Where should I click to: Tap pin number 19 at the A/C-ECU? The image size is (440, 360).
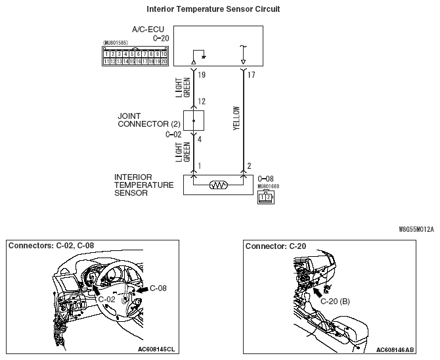tap(202, 76)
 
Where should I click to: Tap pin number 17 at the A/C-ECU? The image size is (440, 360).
tap(252, 76)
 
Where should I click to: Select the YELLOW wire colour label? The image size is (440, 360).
tap(237, 119)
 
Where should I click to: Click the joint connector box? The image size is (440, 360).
tap(193, 121)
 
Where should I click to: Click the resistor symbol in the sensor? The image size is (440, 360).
tap(218, 185)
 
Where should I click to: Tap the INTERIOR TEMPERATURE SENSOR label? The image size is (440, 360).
tap(144, 185)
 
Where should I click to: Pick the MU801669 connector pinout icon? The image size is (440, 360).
tap(265, 196)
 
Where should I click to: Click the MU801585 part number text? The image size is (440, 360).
tap(116, 44)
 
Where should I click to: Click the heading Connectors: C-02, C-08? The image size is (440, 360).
tap(51, 246)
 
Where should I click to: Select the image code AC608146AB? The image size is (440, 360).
tap(396, 349)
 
